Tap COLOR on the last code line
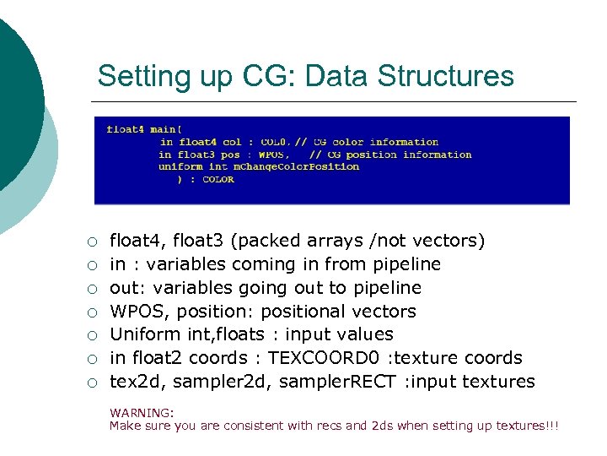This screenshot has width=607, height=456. tap(218, 179)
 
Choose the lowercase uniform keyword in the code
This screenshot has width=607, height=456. tap(180, 166)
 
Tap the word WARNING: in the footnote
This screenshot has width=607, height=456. tap(142, 413)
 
